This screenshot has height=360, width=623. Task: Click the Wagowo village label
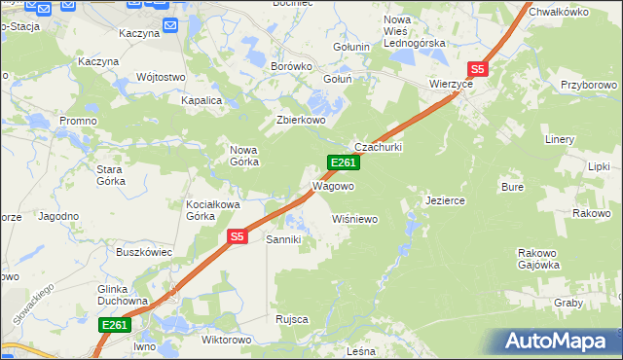[x=332, y=186]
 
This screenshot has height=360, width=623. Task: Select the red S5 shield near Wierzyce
[x=477, y=69]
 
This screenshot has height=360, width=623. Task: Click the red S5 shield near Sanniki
[x=238, y=236]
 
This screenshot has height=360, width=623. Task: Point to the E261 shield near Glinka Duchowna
[x=115, y=325]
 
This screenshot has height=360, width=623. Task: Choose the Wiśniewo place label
[x=354, y=220]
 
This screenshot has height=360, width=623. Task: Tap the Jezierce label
[x=445, y=200]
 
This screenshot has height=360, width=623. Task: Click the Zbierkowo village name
[x=300, y=122]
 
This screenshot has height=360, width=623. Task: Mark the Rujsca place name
[x=292, y=319]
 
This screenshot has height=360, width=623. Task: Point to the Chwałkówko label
[x=560, y=12]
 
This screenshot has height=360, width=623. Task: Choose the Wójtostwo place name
[x=162, y=77]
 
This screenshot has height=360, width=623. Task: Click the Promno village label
[x=77, y=121]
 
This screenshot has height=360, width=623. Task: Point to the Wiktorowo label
[x=225, y=341]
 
